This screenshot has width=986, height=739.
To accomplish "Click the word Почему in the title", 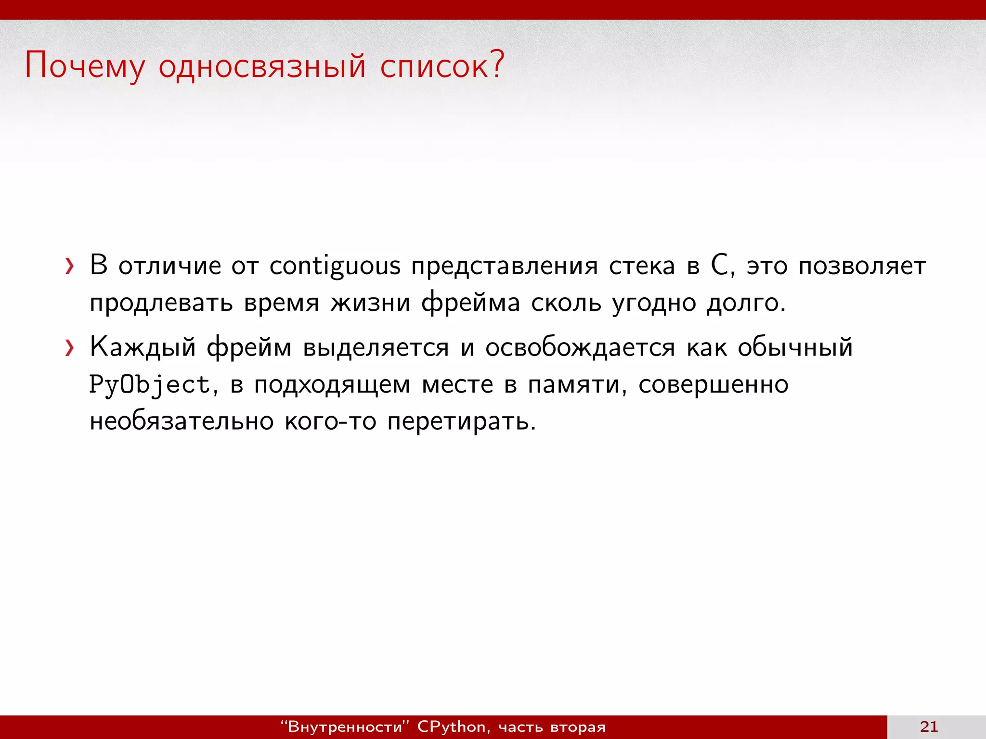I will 84,66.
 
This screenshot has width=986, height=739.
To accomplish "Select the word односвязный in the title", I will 262,66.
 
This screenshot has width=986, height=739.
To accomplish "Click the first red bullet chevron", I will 70,266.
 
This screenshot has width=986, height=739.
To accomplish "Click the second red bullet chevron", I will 70,347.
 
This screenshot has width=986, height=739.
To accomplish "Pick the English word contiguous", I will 335,266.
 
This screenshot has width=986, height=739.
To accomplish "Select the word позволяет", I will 862,266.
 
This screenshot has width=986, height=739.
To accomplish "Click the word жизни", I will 370,303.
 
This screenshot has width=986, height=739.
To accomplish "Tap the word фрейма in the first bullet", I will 470,303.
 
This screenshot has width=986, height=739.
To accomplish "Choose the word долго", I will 746,303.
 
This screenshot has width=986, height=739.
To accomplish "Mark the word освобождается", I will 580,347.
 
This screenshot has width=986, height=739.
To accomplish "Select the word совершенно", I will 714,385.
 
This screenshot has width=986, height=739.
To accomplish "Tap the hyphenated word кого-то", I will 330,421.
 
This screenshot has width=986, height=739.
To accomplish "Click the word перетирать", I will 461,421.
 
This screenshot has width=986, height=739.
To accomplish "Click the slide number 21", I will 929,726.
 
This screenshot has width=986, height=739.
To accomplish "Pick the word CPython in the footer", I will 452,726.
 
